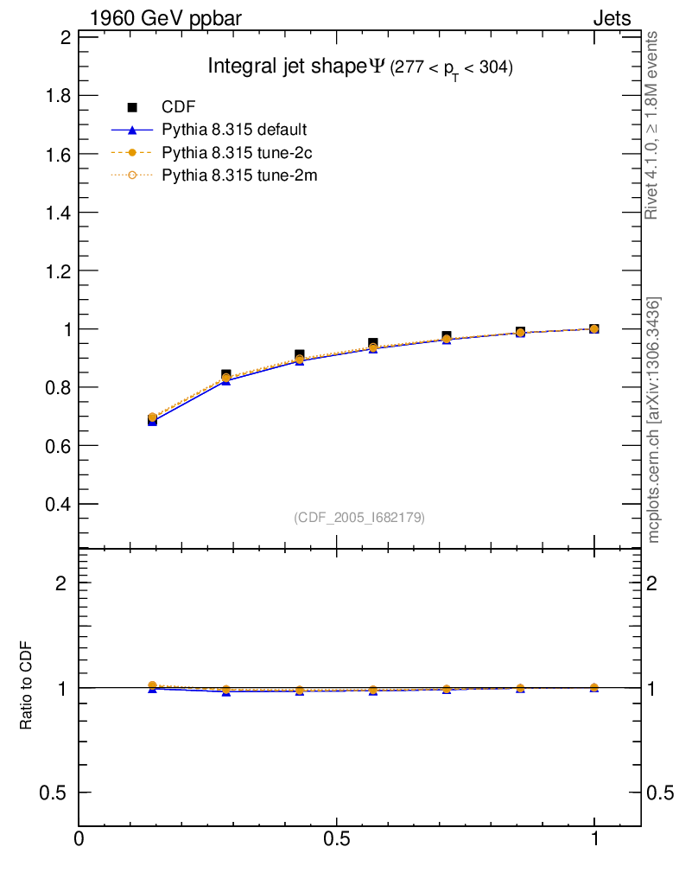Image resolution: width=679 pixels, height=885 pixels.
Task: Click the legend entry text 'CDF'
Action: point(179,107)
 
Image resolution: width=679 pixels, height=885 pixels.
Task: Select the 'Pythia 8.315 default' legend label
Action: point(234,131)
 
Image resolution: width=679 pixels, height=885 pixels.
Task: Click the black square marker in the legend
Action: point(133,107)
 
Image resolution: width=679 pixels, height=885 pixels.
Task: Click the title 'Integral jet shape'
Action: point(287,67)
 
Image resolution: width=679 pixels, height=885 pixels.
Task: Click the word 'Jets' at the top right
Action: point(611,18)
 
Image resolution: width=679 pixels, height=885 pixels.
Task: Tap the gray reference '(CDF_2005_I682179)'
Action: point(359,517)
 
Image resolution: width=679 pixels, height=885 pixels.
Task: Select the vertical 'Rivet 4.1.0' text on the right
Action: point(652,125)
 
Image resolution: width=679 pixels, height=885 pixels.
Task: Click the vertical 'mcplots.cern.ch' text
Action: point(654,420)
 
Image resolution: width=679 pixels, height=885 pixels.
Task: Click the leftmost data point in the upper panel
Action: point(152,419)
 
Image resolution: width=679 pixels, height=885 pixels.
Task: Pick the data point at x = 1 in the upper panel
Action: point(593,328)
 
